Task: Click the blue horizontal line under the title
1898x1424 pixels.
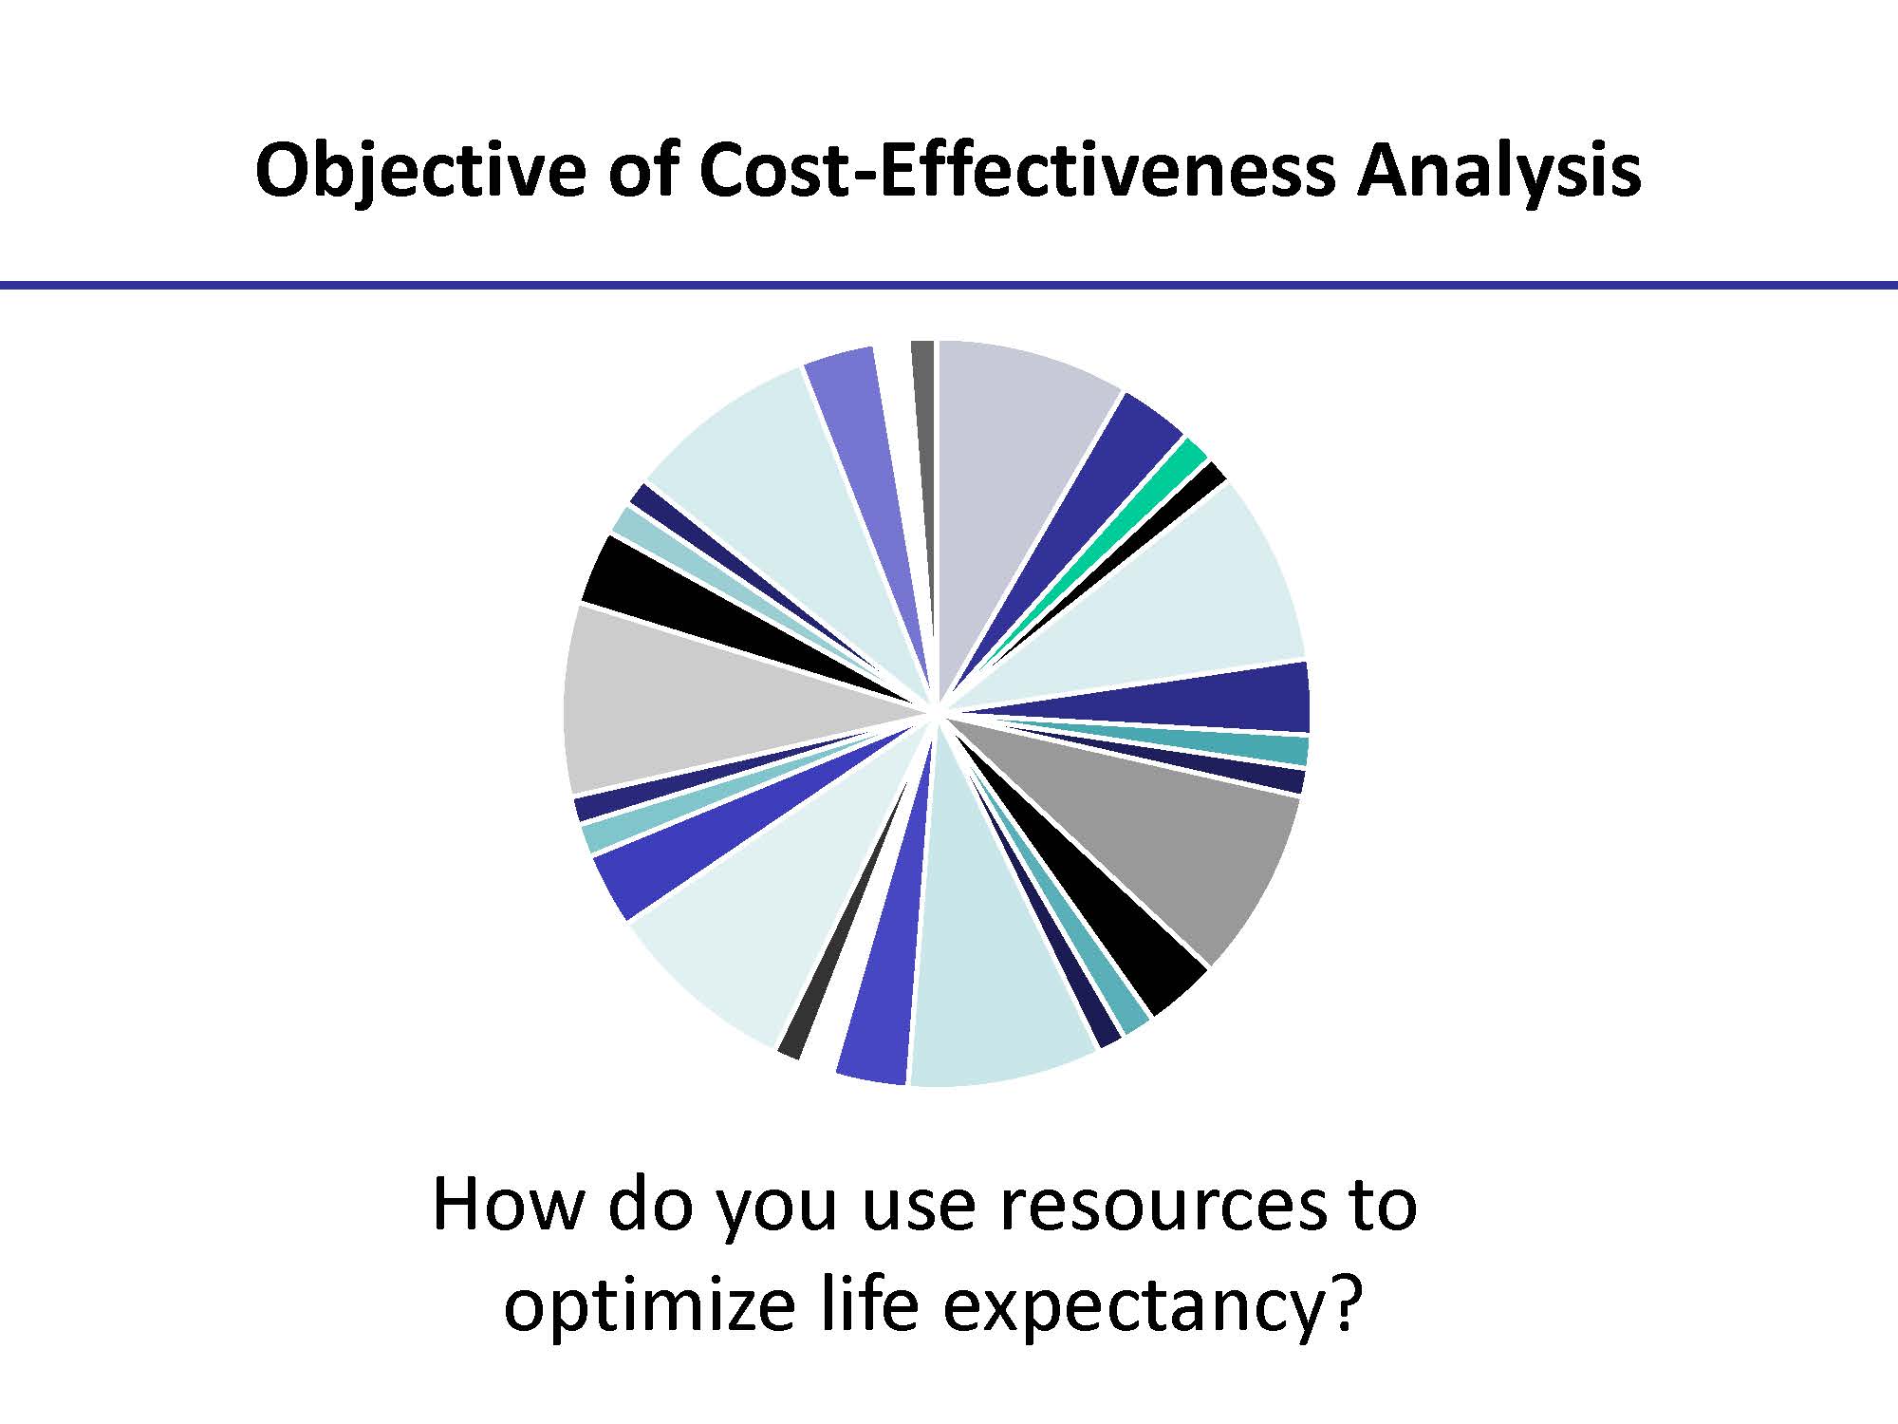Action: tap(949, 285)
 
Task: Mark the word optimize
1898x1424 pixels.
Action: tap(648, 1308)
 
